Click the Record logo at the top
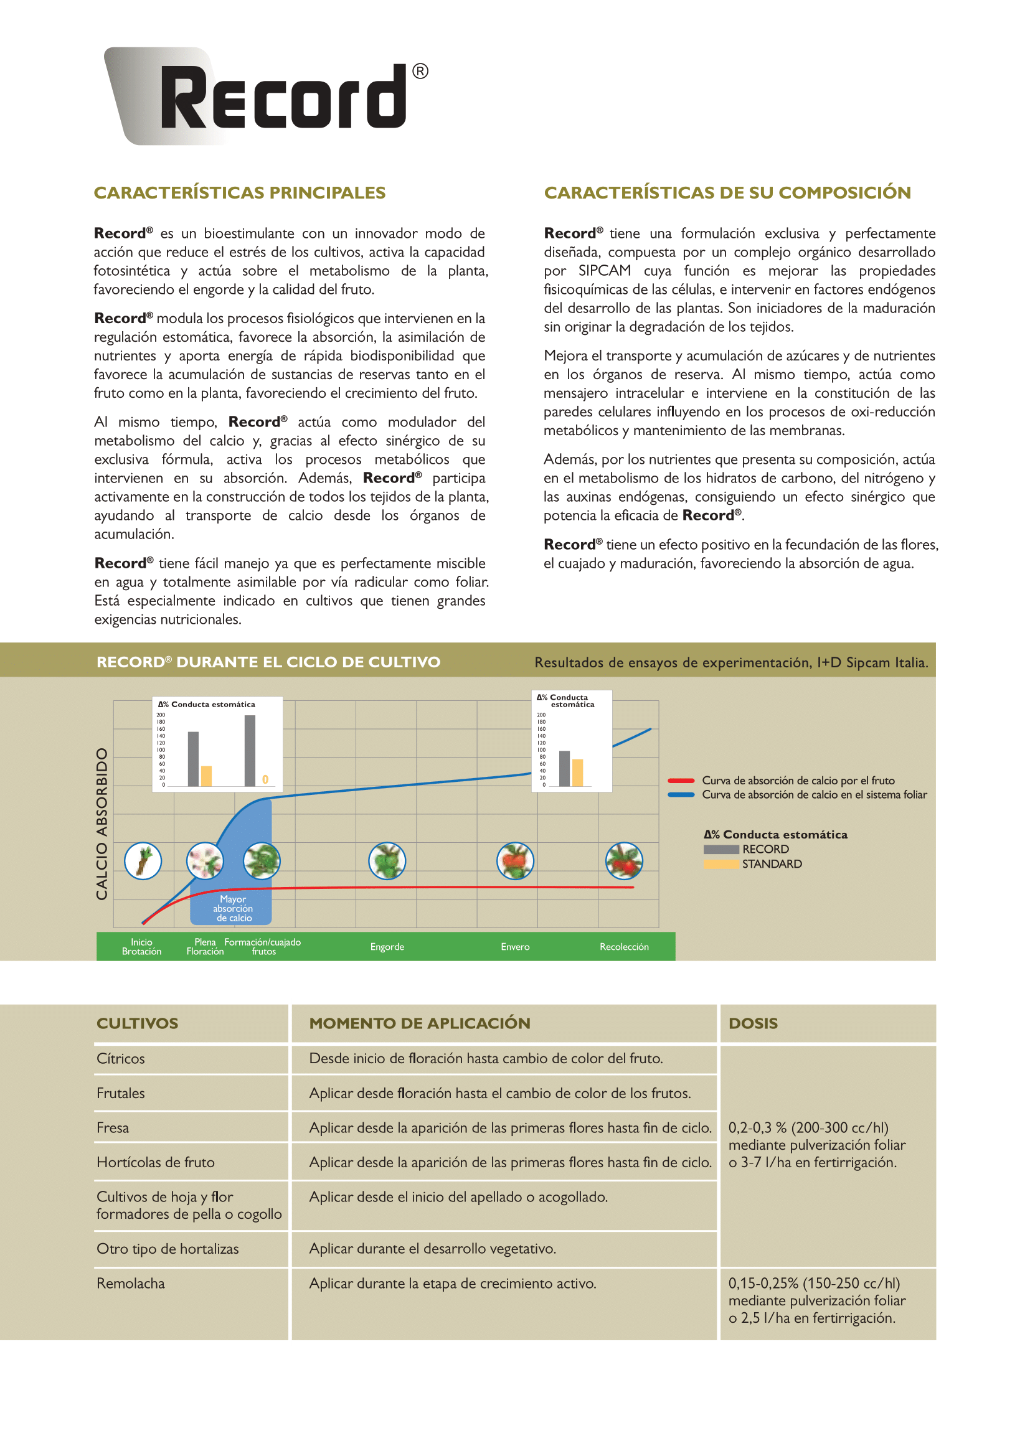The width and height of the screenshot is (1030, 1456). click(267, 96)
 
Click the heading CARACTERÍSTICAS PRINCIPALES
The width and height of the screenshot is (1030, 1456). click(239, 193)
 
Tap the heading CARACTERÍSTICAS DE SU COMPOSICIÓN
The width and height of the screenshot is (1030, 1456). click(727, 193)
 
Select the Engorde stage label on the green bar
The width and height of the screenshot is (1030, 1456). click(387, 947)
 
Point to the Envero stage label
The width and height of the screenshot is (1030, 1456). click(515, 947)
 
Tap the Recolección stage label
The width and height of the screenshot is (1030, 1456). click(624, 947)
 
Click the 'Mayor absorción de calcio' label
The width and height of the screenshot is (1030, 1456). click(233, 908)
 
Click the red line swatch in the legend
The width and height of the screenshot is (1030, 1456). click(681, 781)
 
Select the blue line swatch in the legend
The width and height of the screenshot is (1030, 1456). click(681, 794)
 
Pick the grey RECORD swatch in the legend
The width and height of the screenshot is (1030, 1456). click(721, 850)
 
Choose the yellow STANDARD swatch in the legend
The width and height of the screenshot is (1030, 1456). click(721, 865)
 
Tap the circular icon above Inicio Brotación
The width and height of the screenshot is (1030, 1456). click(143, 860)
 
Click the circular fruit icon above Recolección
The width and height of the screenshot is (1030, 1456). click(624, 860)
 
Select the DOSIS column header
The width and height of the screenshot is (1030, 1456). click(753, 1023)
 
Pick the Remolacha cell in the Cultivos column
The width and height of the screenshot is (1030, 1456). click(131, 1284)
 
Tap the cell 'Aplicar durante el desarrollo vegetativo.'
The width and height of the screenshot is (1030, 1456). click(433, 1249)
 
